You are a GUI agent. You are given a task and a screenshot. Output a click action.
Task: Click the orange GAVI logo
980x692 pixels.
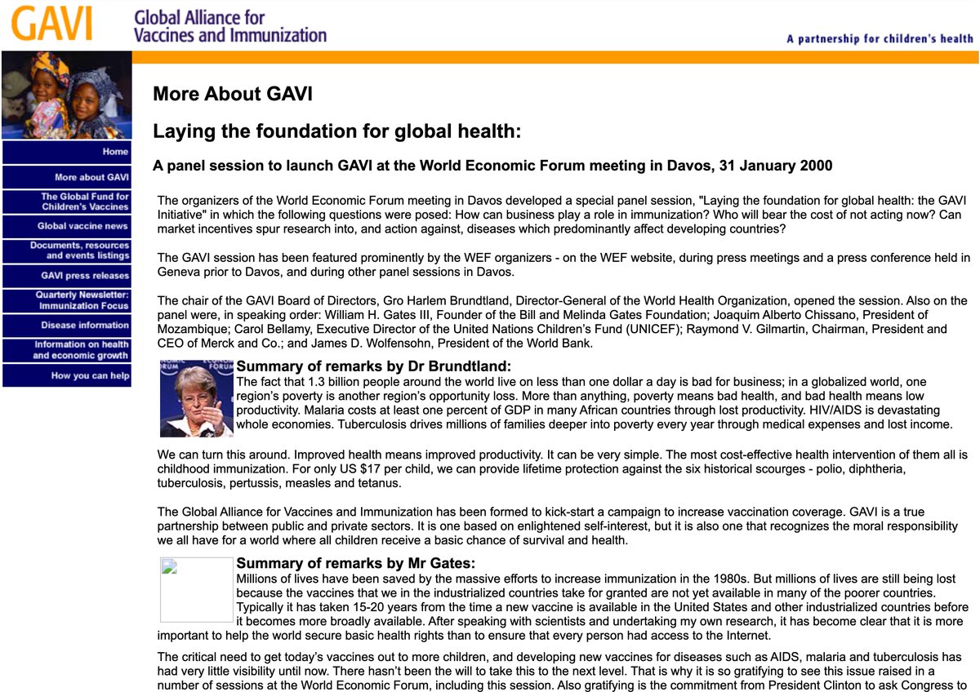[x=51, y=24]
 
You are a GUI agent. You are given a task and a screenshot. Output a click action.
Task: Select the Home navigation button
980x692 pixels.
[x=67, y=152]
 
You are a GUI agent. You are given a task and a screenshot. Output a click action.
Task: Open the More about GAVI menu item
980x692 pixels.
[x=67, y=177]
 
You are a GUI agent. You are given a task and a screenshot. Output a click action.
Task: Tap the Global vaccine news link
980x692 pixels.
[x=67, y=226]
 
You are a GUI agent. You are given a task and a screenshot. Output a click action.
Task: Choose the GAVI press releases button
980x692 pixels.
[x=67, y=276]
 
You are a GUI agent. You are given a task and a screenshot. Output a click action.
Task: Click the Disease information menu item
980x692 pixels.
[x=67, y=326]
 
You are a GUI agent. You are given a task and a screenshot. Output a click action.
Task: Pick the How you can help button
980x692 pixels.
[x=67, y=375]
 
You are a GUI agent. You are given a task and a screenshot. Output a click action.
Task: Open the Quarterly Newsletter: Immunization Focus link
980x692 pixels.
[x=67, y=300]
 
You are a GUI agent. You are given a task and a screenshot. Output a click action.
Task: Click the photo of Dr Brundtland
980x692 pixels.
[x=197, y=399]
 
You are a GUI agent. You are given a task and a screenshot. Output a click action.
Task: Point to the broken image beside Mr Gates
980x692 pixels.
[x=196, y=589]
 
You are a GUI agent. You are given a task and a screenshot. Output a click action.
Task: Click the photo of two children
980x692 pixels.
[x=66, y=95]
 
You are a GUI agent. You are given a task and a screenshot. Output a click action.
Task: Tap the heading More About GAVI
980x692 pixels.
[x=233, y=94]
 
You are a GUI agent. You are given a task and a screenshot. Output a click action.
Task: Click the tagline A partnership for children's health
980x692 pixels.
[x=880, y=38]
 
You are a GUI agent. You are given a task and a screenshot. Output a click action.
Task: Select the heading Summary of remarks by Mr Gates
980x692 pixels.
[x=355, y=563]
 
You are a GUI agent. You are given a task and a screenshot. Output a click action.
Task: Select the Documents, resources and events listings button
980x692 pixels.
[x=67, y=251]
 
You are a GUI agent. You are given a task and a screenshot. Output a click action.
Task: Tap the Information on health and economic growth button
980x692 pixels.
[x=67, y=350]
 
